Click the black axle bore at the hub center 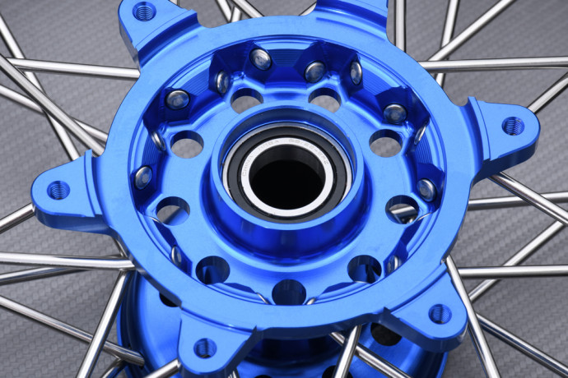tap(286, 174)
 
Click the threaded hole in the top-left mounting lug tap(144, 12)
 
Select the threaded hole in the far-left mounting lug tap(58, 190)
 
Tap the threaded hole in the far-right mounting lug tap(512, 126)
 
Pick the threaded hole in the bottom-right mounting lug tap(439, 313)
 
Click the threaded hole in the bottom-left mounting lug tap(205, 348)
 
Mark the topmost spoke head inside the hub tap(261, 58)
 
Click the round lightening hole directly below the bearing tap(288, 291)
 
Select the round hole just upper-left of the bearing tap(246, 101)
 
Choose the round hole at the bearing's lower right tap(364, 268)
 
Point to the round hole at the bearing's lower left tap(212, 269)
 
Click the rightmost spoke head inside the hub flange tap(426, 190)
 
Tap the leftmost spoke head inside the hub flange tap(142, 177)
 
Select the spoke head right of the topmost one tap(314, 71)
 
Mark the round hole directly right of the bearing tap(385, 143)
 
